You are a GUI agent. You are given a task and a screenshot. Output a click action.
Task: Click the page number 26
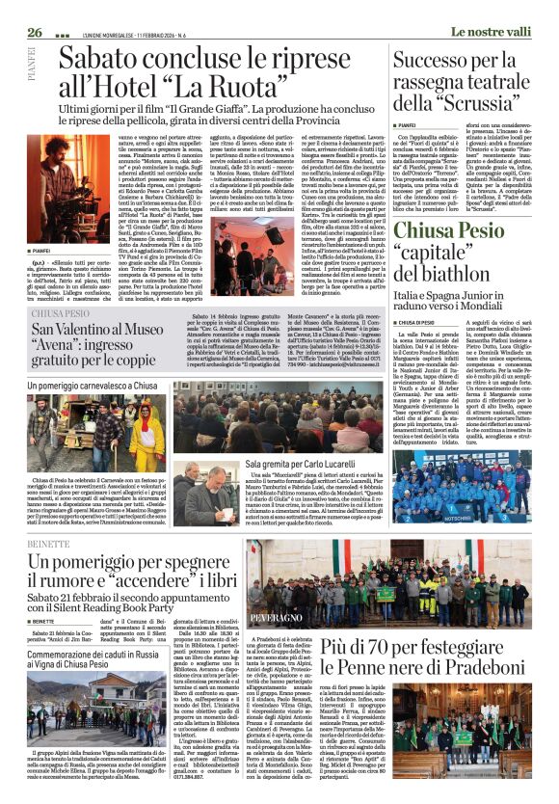point(35,7)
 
